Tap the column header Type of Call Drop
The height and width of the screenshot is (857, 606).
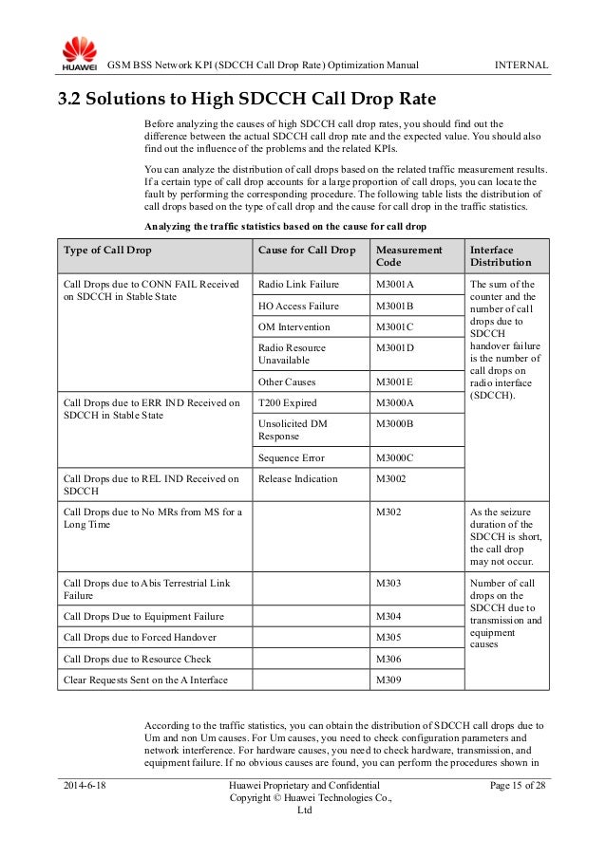[x=107, y=250]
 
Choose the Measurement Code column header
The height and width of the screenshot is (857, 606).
[x=409, y=255]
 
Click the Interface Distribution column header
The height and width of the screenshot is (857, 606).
[x=501, y=255]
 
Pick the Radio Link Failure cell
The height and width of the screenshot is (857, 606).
[x=298, y=284]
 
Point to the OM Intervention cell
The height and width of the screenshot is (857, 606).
[x=294, y=326]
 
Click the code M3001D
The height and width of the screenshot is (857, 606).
[x=395, y=347]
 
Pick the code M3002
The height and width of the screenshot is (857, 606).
[x=391, y=478]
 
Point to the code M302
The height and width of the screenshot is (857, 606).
[x=388, y=512]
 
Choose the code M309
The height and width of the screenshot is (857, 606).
[x=388, y=679]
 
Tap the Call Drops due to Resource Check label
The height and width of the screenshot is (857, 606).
[x=137, y=658]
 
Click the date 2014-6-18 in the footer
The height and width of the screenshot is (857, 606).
[x=85, y=786]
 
